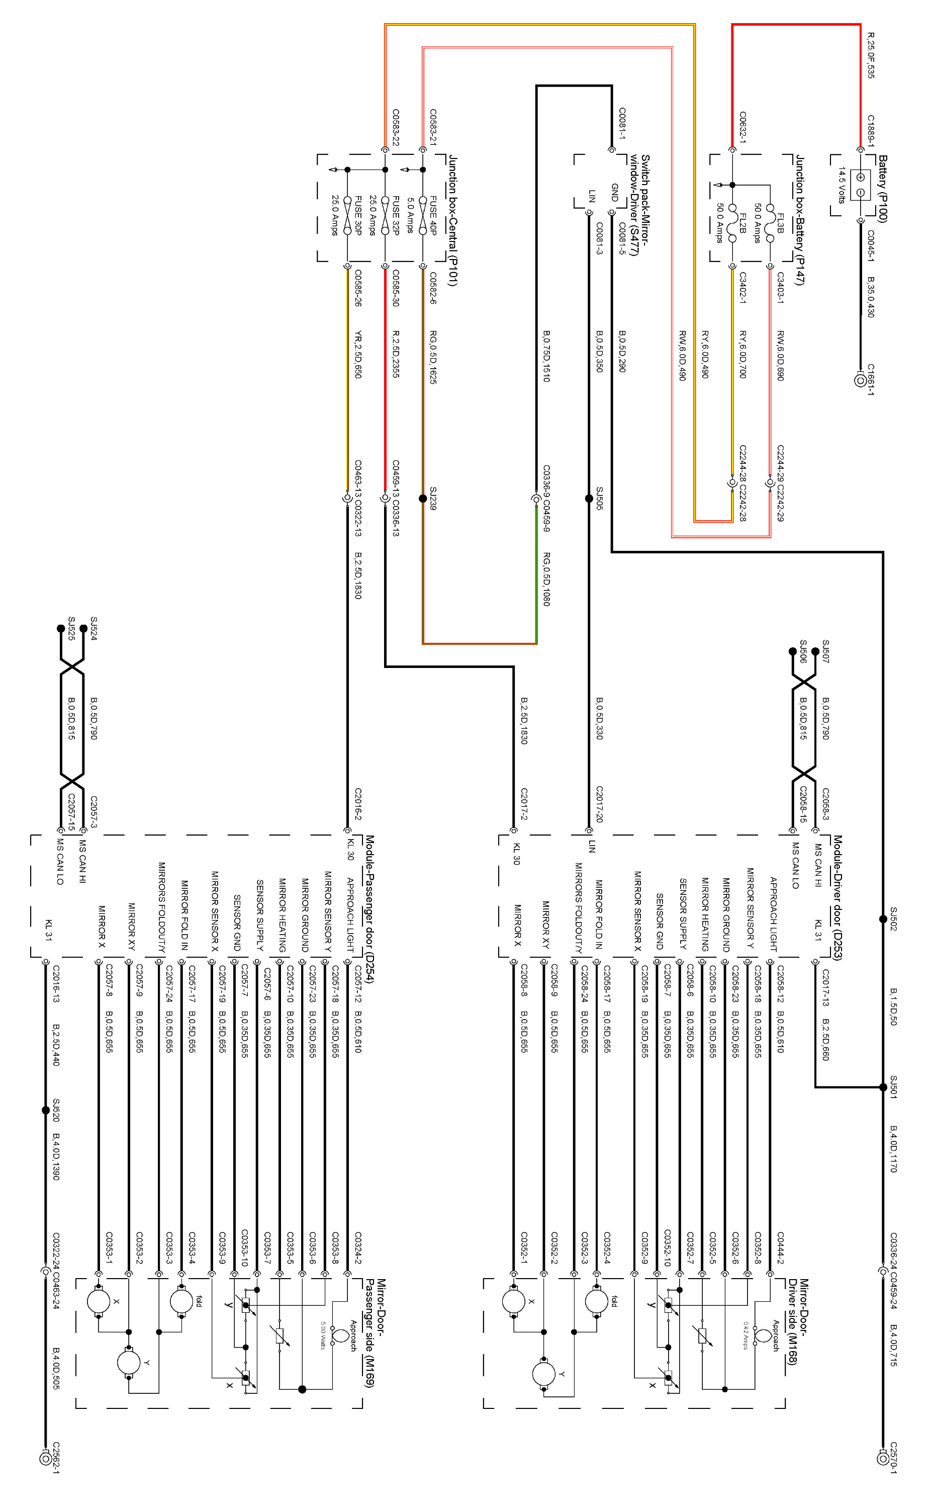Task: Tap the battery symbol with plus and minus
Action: [860, 184]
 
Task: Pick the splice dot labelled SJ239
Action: [422, 498]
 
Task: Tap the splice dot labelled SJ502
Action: [883, 918]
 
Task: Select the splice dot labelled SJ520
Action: [46, 1111]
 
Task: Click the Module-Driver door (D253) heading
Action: [837, 897]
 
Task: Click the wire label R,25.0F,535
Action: [870, 55]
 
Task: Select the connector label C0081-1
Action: [622, 123]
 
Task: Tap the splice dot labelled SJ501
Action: [883, 1087]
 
